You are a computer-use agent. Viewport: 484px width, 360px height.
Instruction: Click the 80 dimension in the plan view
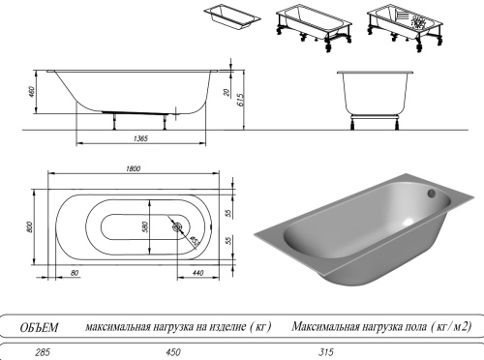pyautogui.click(x=75, y=274)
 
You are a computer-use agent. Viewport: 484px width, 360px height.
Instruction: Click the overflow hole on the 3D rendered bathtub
pyautogui.click(x=425, y=194)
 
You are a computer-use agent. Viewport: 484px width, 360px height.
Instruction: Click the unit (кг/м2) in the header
pyautogui.click(x=443, y=327)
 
